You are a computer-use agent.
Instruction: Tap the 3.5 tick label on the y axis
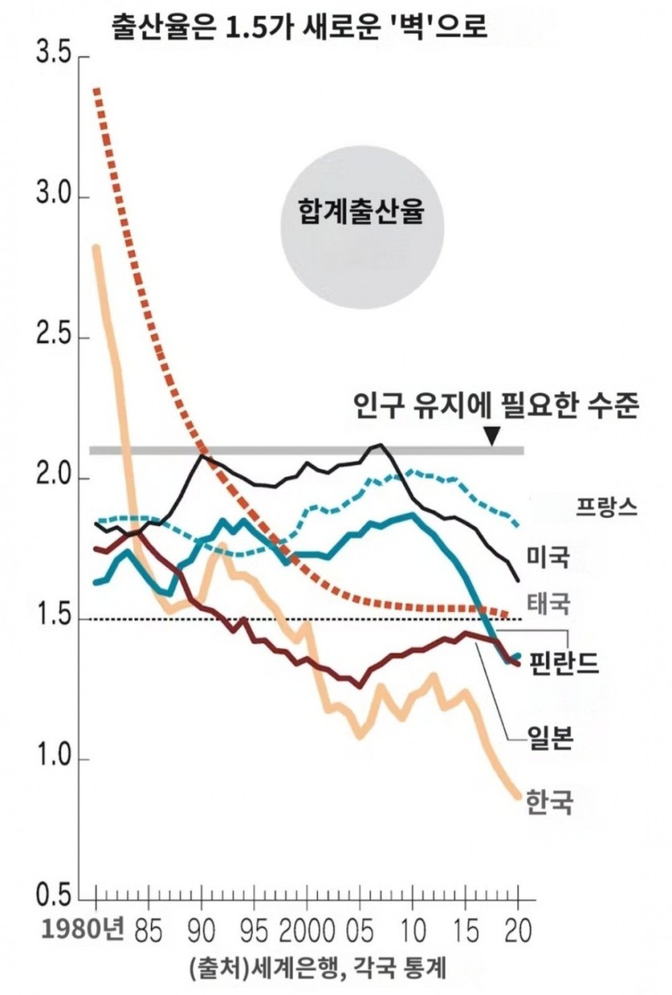(x=51, y=57)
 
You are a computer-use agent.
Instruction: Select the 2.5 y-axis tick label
(x=51, y=338)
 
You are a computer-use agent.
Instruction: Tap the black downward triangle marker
(x=493, y=435)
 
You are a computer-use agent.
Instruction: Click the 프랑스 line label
(x=606, y=505)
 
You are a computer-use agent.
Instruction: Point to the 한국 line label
(x=550, y=801)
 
